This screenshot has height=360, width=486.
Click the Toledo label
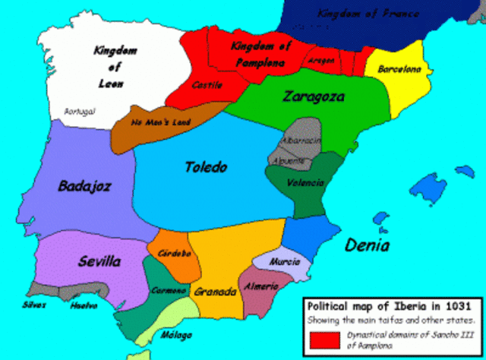tap(206, 167)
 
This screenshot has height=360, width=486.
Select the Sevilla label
tap(99, 262)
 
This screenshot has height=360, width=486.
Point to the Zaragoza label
tap(313, 96)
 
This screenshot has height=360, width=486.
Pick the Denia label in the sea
tap(367, 245)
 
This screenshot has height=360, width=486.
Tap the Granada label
tap(214, 292)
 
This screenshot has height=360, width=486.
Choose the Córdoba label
tap(175, 254)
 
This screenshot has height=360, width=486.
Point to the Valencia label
tap(306, 183)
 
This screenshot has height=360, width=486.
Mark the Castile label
tap(207, 85)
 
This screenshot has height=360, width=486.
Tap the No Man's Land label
tap(161, 122)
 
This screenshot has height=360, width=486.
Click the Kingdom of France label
tap(360, 14)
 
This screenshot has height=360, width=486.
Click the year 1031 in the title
tap(456, 305)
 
